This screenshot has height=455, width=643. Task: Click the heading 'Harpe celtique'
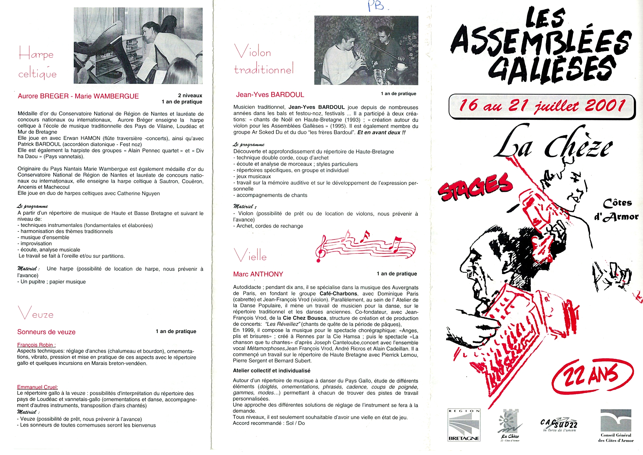click(37, 63)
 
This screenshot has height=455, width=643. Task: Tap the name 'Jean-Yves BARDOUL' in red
click(270, 95)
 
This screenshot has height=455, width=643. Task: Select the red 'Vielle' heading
click(250, 256)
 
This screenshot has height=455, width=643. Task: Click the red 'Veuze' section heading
click(35, 314)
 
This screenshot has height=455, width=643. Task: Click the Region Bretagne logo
click(464, 425)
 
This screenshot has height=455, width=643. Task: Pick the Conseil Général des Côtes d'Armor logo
click(616, 426)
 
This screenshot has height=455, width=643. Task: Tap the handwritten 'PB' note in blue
click(376, 6)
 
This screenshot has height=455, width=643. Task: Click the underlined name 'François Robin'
click(36, 345)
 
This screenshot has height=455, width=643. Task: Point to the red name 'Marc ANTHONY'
click(258, 274)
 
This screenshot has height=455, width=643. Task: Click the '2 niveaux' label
click(190, 96)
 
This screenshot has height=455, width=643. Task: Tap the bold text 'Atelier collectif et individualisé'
click(271, 370)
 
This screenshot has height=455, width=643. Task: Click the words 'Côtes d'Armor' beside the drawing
click(616, 210)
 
